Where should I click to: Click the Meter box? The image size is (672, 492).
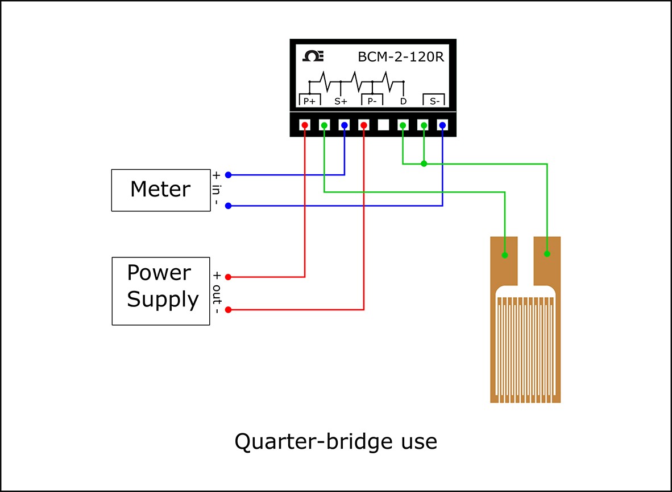(x=160, y=190)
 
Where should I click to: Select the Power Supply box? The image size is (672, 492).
(x=161, y=291)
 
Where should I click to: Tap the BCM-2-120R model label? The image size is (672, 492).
(x=400, y=57)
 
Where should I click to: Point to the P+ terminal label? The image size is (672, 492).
(x=310, y=101)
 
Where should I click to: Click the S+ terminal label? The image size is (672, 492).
(x=341, y=101)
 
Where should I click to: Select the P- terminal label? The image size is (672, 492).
(x=372, y=101)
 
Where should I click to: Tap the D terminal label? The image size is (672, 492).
(x=403, y=101)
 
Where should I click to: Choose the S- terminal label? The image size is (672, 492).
(x=434, y=101)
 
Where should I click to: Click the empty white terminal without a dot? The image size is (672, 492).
(x=383, y=125)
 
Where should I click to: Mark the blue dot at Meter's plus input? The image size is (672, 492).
(x=228, y=175)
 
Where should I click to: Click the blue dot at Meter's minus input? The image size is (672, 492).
(x=228, y=206)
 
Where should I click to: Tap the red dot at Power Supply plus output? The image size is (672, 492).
(x=228, y=277)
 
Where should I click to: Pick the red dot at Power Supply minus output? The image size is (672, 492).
(x=228, y=310)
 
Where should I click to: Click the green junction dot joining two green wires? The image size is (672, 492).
(x=424, y=164)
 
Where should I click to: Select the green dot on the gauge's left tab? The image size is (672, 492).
(x=505, y=255)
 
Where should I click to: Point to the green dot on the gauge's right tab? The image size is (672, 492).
(x=547, y=253)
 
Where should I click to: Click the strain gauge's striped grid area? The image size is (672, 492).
(x=525, y=347)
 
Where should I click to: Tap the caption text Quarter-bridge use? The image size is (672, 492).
(x=335, y=441)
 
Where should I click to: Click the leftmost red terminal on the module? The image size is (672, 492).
(x=305, y=125)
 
